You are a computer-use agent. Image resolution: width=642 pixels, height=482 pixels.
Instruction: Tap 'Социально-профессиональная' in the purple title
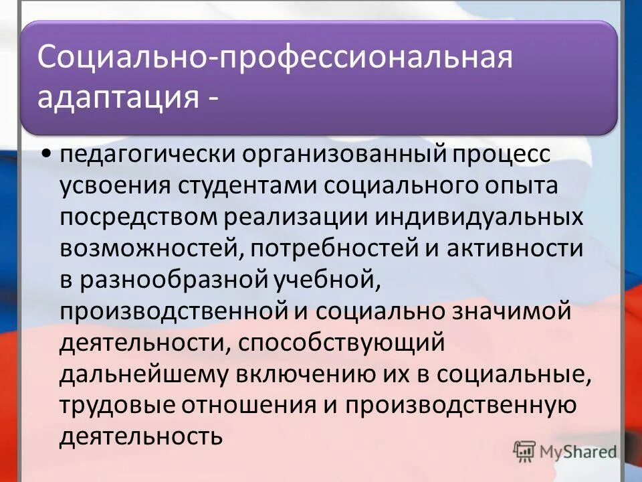pos(275,58)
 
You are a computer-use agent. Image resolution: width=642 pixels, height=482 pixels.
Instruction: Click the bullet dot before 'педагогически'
pos(46,155)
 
